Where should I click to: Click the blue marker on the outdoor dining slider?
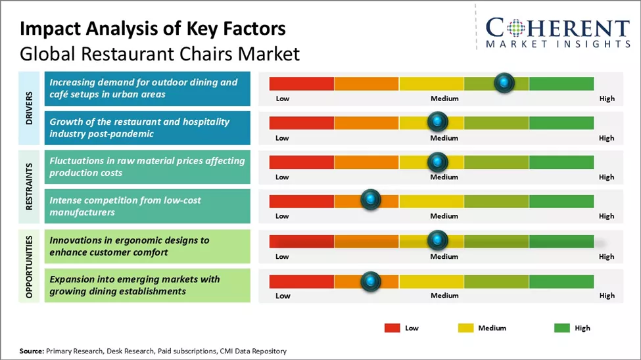pos(504,83)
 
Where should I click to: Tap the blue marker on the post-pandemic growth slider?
pos(437,122)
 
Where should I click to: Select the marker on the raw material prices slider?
pos(437,162)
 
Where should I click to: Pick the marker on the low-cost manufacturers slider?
pos(371,200)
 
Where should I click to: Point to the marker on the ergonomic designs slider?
pos(437,240)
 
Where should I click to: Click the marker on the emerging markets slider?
pos(371,281)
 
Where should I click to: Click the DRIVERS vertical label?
pos(30,108)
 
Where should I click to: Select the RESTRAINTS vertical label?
pos(30,187)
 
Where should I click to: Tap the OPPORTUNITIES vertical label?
pos(30,265)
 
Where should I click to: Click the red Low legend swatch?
pos(392,328)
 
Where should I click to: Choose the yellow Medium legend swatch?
pos(465,328)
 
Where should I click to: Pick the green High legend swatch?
pos(562,328)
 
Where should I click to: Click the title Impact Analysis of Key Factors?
pos(153,29)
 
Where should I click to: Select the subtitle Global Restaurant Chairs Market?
pos(160,53)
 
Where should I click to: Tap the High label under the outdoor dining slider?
pos(607,99)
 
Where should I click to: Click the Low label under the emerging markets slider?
pos(283,296)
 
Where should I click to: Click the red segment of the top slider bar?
pos(302,83)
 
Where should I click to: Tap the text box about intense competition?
pos(147,206)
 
